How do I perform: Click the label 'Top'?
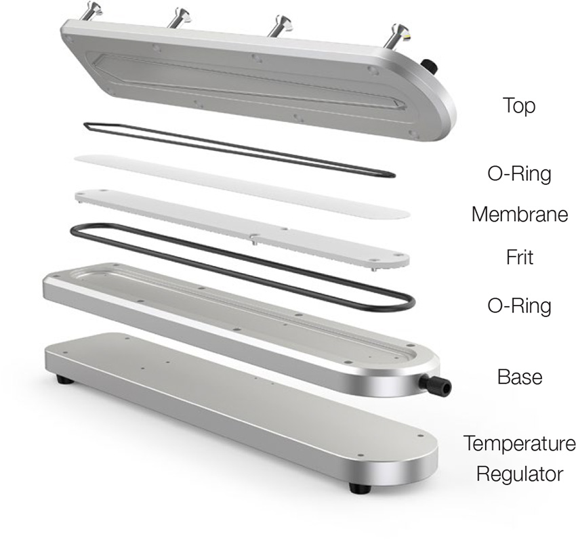518,106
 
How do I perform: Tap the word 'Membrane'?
520,214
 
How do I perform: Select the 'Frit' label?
520,257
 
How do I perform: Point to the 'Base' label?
520,377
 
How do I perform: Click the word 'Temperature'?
520,443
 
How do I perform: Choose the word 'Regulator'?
520,474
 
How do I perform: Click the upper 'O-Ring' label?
520,173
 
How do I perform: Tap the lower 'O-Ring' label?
520,306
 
